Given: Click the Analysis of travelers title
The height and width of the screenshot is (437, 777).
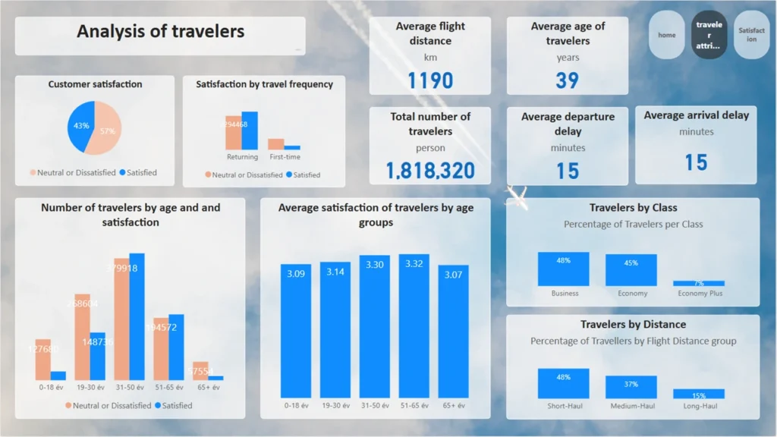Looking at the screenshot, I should (x=161, y=32).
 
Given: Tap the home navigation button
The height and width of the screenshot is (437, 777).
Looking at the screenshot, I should (x=667, y=35).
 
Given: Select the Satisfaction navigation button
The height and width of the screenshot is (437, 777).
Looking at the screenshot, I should (x=751, y=35).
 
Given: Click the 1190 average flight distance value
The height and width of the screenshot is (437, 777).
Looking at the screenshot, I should (x=430, y=80).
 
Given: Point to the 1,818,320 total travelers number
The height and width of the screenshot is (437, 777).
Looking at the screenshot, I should (x=430, y=170).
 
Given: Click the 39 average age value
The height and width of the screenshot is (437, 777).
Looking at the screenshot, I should (x=567, y=80).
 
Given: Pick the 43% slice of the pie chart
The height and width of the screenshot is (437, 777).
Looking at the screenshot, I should (x=80, y=127).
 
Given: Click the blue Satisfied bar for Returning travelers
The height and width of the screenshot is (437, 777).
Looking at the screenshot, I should (x=250, y=130).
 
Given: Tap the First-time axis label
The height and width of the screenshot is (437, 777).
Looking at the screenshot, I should (x=285, y=157).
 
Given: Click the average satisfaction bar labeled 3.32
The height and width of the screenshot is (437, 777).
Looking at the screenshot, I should (x=414, y=326).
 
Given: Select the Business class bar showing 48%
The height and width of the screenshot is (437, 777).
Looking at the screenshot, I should (x=564, y=269).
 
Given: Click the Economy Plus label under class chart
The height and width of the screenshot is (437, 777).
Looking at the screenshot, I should (x=699, y=294).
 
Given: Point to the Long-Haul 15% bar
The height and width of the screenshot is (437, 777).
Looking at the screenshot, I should (x=699, y=395).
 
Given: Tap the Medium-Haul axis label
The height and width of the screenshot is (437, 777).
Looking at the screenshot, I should (x=632, y=406).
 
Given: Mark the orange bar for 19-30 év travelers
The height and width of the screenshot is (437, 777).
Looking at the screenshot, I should (x=82, y=337).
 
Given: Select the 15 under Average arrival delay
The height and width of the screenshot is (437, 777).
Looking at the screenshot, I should (x=696, y=162).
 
